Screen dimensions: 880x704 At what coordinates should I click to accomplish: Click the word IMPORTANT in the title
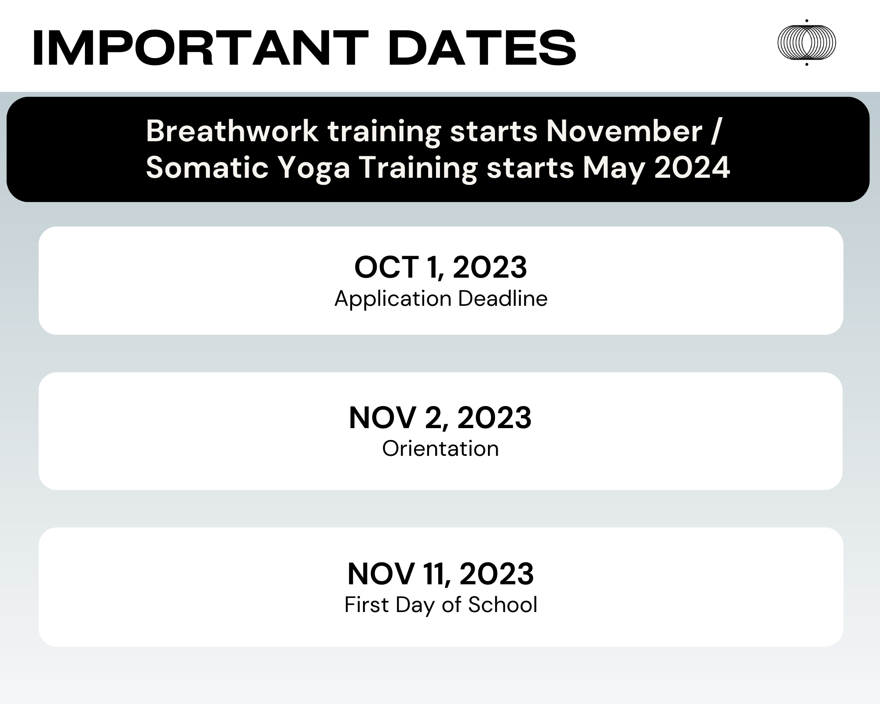tap(200, 48)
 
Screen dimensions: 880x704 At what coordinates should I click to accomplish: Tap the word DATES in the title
tap(482, 48)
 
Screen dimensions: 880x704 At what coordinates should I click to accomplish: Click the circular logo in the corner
tap(807, 43)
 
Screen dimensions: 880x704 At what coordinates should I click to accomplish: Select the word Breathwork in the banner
tap(232, 131)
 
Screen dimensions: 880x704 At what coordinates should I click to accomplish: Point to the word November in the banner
tap(624, 131)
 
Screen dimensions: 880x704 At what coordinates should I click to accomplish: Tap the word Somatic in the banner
tap(207, 168)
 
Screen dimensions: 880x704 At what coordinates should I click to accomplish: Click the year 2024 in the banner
tap(692, 168)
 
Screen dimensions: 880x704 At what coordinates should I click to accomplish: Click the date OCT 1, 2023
tap(440, 268)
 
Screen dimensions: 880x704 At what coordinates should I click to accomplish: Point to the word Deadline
tap(503, 298)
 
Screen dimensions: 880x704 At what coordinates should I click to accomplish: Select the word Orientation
tap(440, 449)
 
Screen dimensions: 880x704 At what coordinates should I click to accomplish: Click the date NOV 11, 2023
tap(440, 574)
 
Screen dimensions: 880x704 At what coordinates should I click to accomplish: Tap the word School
tap(502, 605)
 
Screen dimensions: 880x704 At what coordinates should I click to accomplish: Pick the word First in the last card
tap(366, 605)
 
